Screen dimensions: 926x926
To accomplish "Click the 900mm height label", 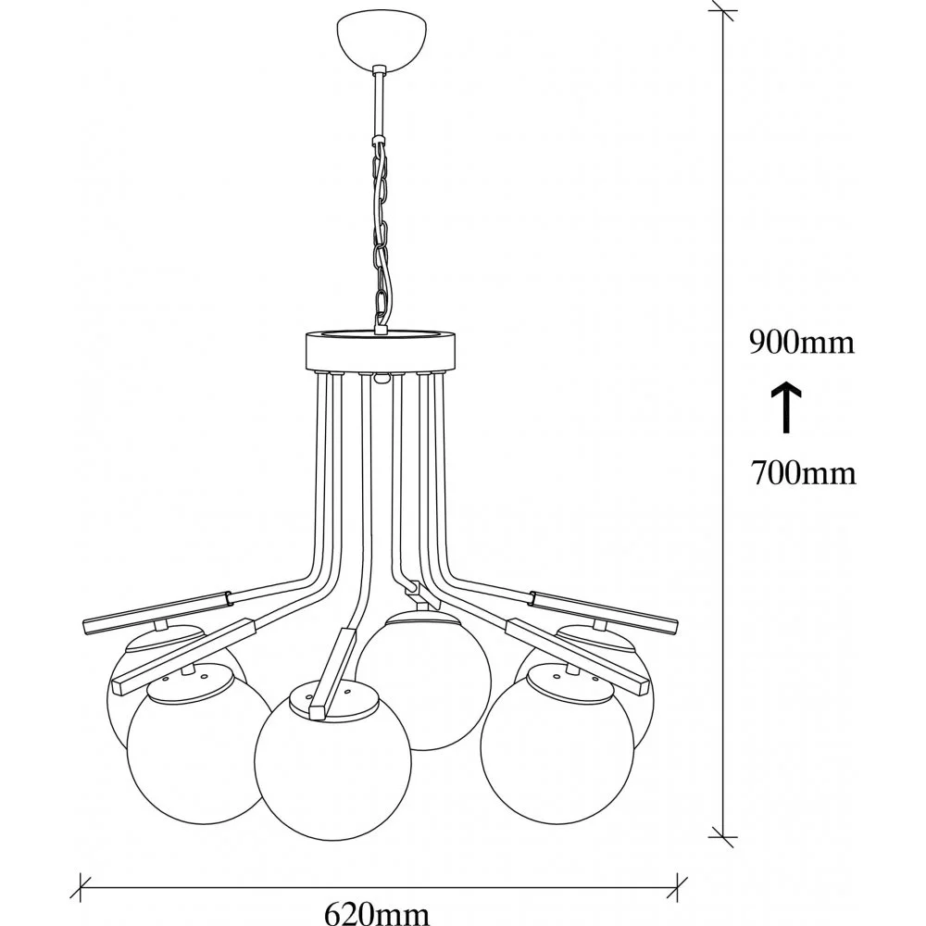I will (801, 344).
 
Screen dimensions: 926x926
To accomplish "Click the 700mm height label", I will (801, 475).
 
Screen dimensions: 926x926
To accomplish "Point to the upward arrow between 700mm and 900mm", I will (785, 408).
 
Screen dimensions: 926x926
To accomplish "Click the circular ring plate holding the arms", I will (379, 349).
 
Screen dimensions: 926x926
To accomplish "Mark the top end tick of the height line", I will (723, 13).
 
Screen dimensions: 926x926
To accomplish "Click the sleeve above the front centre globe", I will (335, 671).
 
